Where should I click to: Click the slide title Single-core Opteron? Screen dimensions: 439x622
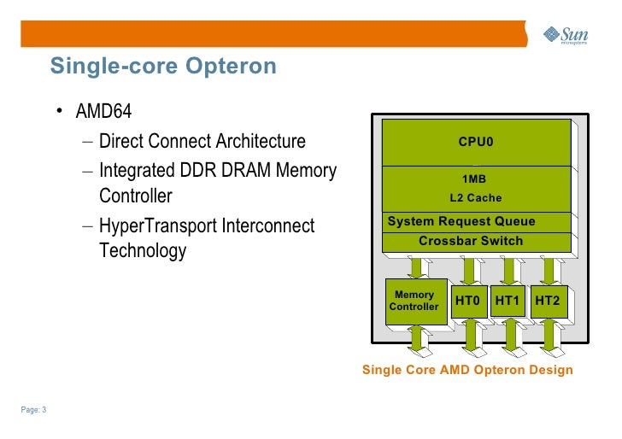tap(163, 66)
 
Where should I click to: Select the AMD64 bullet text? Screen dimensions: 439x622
tap(103, 113)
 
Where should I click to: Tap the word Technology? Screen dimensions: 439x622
tap(143, 252)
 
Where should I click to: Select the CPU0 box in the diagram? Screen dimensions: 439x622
tap(476, 142)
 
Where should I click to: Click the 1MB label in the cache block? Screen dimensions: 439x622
tap(473, 179)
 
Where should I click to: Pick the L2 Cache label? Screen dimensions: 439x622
tap(476, 198)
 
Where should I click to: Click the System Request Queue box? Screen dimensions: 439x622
tap(462, 222)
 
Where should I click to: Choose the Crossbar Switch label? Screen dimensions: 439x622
tap(471, 241)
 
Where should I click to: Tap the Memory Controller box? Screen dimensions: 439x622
tap(414, 301)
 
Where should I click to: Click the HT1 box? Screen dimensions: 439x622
tap(508, 301)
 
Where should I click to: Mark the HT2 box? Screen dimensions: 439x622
tap(548, 301)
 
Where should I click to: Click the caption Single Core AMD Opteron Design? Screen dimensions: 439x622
tap(468, 370)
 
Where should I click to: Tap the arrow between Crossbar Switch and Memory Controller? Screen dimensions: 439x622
tap(418, 266)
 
